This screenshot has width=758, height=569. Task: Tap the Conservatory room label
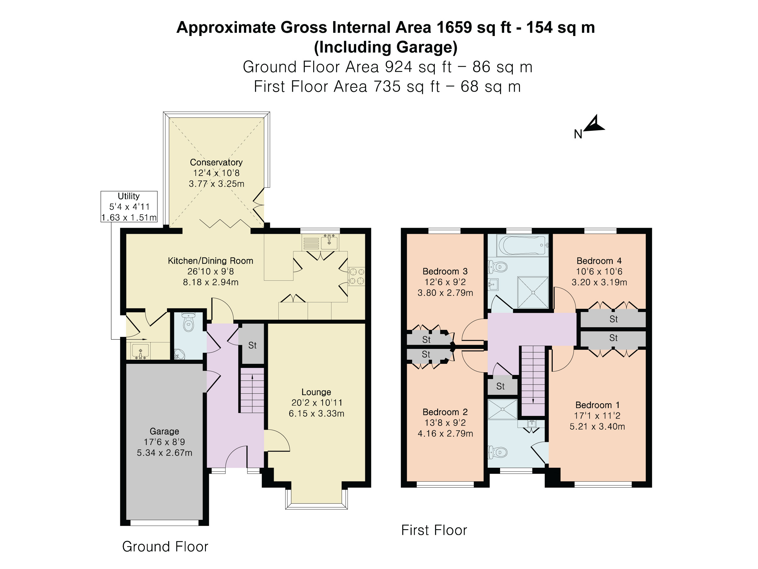216,162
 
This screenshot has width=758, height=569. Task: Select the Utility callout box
129,206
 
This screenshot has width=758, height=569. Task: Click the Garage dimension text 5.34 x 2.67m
164,453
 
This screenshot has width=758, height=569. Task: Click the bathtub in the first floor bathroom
523,245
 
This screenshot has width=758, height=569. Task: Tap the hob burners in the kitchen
356,276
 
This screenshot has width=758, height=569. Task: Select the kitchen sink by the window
329,242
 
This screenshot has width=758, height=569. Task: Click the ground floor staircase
252,390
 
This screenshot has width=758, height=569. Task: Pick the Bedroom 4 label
599,261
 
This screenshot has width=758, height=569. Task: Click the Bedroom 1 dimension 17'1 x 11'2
597,416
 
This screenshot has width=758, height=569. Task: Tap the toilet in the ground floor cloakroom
188,322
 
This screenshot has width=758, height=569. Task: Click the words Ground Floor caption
165,547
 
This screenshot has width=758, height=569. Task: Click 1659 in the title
454,28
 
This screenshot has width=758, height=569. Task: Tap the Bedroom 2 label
445,412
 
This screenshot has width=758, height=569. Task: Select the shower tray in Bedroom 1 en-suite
502,409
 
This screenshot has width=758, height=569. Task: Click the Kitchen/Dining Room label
210,261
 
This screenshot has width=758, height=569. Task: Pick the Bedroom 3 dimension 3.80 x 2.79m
445,293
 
